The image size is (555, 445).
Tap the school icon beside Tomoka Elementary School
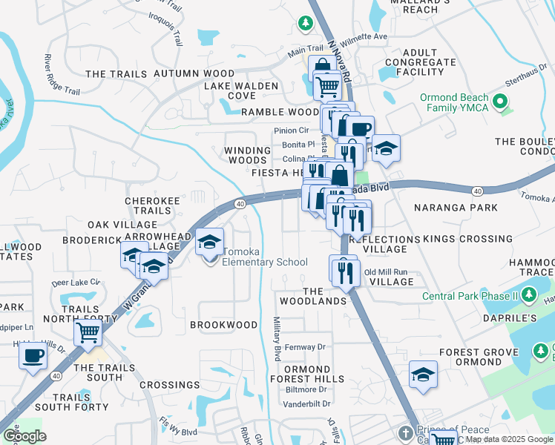[210, 243]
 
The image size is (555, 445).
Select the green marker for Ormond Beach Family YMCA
[501, 102]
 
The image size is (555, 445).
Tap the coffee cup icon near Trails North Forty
[32, 357]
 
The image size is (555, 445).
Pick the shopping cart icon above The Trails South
[88, 334]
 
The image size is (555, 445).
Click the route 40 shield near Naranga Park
[476, 191]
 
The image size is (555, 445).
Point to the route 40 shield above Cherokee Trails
[240, 203]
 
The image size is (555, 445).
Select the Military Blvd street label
[276, 337]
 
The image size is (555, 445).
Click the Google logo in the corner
[24, 436]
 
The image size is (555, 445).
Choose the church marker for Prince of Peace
[405, 432]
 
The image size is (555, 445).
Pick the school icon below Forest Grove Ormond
[423, 375]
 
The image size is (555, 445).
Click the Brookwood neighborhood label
[223, 325]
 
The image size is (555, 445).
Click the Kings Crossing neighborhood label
[467, 239]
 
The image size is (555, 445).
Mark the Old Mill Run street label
[386, 271]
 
